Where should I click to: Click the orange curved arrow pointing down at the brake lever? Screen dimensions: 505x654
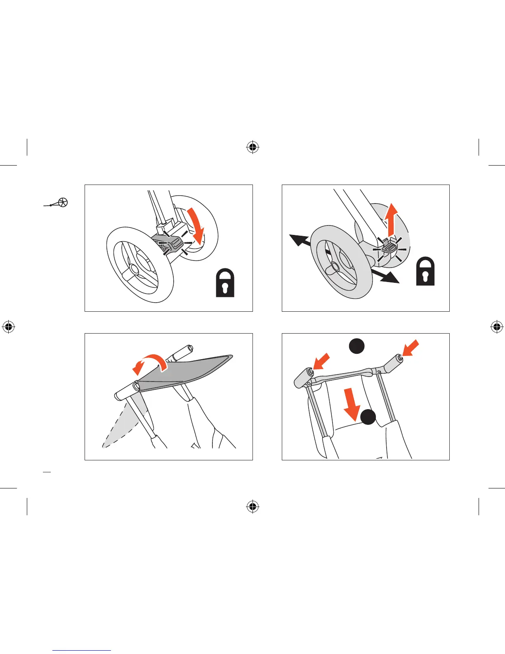196,225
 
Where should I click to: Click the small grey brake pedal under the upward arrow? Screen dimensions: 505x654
389,247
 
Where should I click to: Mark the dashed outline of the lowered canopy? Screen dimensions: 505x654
122,427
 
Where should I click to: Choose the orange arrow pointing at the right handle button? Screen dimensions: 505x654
411,348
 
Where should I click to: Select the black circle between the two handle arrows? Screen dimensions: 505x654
357,346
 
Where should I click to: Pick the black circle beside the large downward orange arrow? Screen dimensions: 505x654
368,417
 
